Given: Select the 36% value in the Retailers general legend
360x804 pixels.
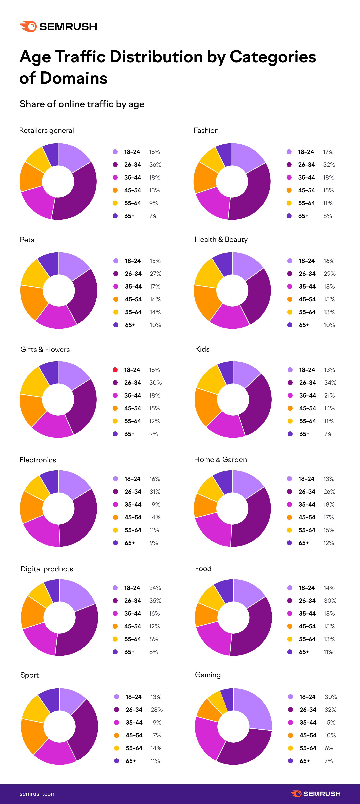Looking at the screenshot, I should click(x=155, y=164).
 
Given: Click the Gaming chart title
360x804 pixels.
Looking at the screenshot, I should click(x=208, y=675).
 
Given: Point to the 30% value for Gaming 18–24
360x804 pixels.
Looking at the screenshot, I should click(x=331, y=697).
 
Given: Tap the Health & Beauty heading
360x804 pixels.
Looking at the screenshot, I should click(x=221, y=239).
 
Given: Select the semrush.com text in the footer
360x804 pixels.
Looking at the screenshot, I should click(x=37, y=794).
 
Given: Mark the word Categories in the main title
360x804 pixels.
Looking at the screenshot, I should click(x=272, y=57).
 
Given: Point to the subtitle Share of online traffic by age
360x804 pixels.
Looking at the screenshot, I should click(x=82, y=104).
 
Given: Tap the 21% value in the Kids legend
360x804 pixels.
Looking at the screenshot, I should click(x=329, y=395).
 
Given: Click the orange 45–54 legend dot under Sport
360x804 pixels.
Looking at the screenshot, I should click(x=116, y=735).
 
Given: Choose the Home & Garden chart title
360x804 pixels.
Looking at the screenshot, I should click(x=220, y=459).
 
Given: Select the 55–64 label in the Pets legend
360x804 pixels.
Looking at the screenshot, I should click(x=133, y=312).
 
